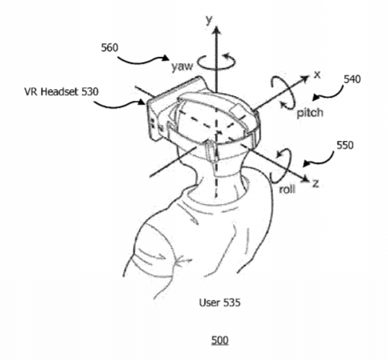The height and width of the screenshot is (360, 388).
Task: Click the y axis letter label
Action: coord(209,20)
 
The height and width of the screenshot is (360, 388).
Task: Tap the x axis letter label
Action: coord(317,75)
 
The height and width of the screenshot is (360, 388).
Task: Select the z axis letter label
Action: coord(316,184)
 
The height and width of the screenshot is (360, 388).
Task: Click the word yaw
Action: coord(182,67)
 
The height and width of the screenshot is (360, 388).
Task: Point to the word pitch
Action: coord(310,113)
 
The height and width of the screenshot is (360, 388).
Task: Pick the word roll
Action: coord(287,189)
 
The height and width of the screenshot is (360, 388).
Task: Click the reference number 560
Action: coord(109,48)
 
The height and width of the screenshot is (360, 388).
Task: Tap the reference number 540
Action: coord(352,79)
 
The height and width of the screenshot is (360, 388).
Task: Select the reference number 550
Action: coord(345,145)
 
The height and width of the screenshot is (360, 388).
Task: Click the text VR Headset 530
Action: coord(61,91)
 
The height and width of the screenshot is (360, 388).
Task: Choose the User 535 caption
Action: coord(220,302)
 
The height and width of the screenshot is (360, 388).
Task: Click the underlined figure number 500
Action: coord(220,340)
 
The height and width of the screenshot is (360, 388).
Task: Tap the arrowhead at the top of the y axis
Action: coord(216,29)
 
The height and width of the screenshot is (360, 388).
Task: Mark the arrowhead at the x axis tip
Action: coord(305,79)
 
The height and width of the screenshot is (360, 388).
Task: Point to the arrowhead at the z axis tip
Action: coord(305,179)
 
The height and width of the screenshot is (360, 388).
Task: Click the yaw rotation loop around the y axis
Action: coord(216,69)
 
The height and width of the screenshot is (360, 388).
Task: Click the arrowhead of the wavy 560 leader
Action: coord(166,58)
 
